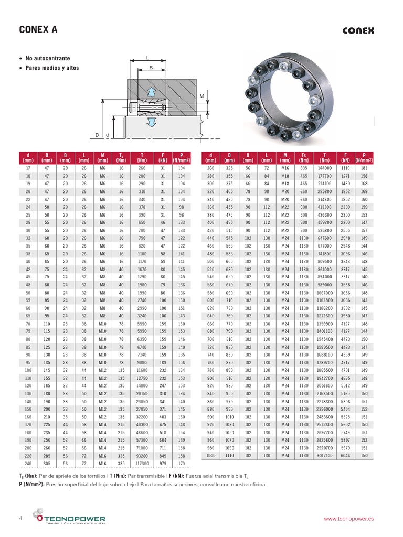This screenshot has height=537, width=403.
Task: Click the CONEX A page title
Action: pos(38,30)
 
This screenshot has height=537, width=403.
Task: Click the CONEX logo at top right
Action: pos(358,30)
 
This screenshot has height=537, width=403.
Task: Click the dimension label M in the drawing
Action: pos(201,96)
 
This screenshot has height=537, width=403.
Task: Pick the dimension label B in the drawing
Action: pos(151,68)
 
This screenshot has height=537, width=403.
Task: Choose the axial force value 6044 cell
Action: pos(345,456)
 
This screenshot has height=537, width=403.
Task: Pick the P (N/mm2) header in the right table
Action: pos(364,158)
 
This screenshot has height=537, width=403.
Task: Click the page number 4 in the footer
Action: pos(20,518)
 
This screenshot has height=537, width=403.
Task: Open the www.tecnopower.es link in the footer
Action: pos(348,518)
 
